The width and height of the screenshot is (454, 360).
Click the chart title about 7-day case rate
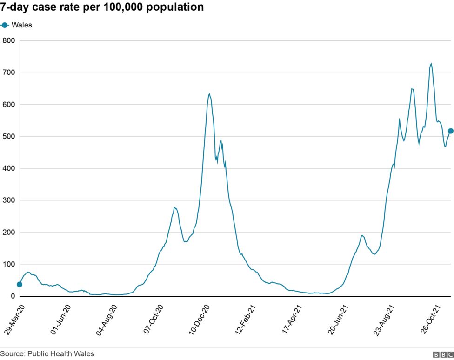[x=102, y=7]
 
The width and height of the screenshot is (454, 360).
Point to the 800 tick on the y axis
[x=9, y=41]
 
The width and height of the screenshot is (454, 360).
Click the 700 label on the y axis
[x=9, y=73]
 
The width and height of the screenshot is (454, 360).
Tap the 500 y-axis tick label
[x=9, y=137]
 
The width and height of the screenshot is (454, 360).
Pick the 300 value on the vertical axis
[x=9, y=200]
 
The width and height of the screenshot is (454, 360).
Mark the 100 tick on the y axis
[x=9, y=264]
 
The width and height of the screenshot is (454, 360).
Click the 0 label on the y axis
[x=13, y=296]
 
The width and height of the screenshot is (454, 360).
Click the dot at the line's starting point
[x=19, y=284]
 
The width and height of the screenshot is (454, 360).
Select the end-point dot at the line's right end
[x=450, y=131]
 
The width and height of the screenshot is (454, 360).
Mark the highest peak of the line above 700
[x=431, y=64]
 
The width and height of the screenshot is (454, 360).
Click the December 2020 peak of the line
[x=209, y=94]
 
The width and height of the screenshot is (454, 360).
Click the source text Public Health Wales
[x=47, y=354]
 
